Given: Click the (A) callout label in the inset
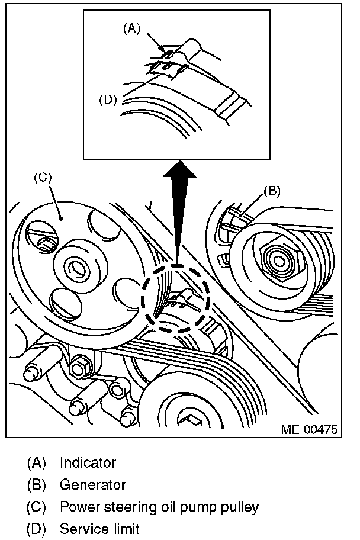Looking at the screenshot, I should tap(132, 28).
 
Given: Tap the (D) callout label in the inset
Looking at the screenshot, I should tap(108, 99).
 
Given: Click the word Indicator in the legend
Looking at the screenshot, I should tap(88, 462).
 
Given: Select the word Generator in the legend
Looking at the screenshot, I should tap(93, 485).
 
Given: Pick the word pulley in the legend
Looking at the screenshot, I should tap(240, 507).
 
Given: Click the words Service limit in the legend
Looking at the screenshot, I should tap(99, 529).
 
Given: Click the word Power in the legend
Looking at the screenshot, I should tap(77, 507).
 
